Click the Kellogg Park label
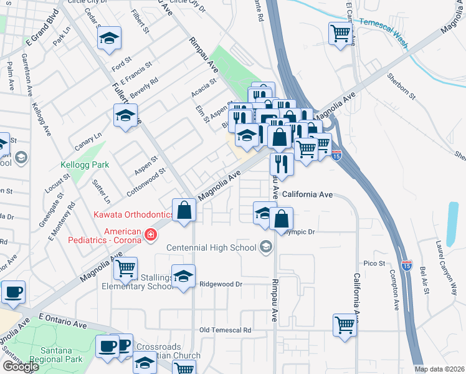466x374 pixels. [x=85, y=165]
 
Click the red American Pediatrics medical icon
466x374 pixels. [x=150, y=234]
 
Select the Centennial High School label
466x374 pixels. [x=211, y=247]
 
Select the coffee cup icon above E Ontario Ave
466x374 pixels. [x=12, y=291]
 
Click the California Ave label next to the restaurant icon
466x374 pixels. [x=307, y=194]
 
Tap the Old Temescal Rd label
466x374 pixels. [x=225, y=330]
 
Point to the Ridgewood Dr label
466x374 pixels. [x=221, y=284]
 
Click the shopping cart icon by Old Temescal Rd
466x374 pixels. [x=345, y=324]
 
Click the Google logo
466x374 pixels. [x=20, y=367]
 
